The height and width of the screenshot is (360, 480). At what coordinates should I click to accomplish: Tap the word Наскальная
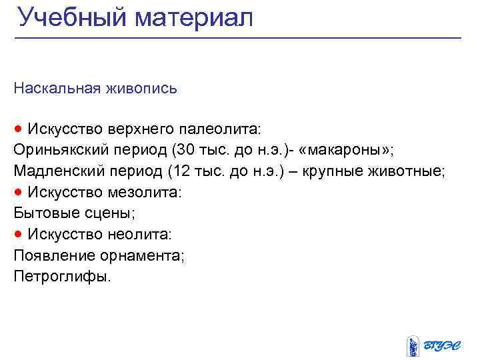coord(57,88)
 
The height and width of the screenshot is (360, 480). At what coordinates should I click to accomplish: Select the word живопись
coord(141,88)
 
